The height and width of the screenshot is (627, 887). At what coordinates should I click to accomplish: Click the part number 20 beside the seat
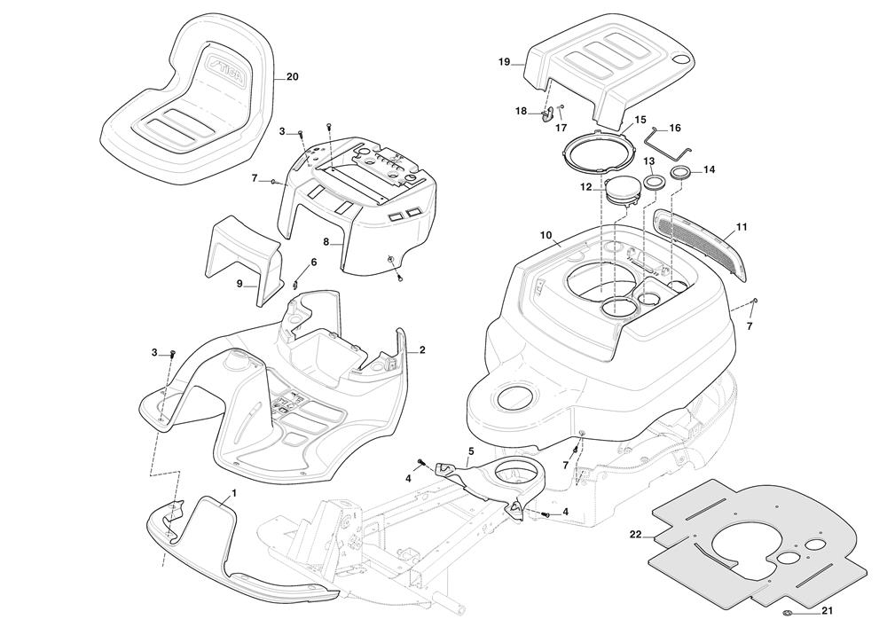coord(292,77)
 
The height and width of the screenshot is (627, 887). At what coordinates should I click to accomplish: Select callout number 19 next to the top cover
coord(504,61)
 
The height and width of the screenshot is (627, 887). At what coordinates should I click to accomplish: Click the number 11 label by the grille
coord(742,227)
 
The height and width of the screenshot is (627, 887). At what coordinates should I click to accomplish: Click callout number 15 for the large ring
coord(640,119)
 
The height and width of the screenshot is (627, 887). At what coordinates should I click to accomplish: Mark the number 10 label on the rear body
coord(546,235)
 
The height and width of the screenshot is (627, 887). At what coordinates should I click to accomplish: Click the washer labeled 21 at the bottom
coord(787,613)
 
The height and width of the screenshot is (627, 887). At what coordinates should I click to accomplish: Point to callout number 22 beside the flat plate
coord(635,534)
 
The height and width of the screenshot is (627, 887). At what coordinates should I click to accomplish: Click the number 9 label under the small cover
coord(239,284)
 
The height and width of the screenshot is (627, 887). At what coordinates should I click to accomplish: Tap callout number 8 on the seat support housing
coord(326,241)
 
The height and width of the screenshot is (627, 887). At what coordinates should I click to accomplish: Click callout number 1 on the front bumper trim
coord(233,492)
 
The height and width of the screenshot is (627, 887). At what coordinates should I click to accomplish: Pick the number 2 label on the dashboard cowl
coord(422,349)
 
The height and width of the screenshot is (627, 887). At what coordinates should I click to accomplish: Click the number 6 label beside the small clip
coord(313,263)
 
